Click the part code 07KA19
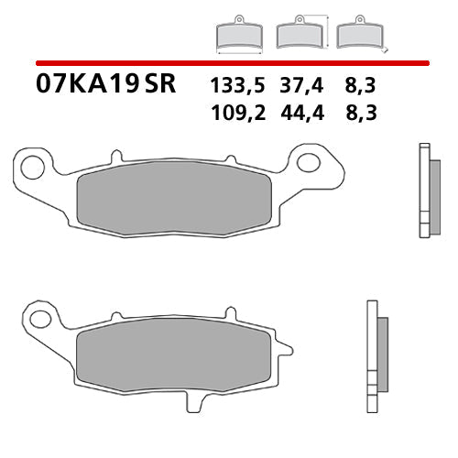(x=88, y=85)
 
